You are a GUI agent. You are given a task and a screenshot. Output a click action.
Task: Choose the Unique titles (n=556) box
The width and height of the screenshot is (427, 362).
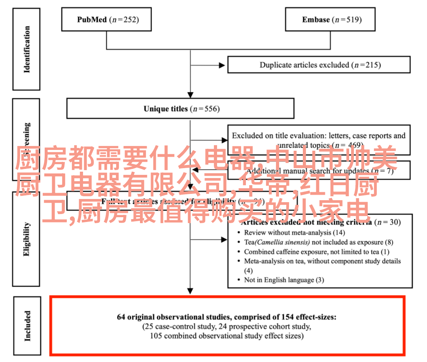tap(180, 108)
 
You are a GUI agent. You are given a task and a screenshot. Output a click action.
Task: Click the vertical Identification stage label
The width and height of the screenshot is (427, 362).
tap(27, 49)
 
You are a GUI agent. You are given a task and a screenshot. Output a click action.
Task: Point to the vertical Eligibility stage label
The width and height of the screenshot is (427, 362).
tap(27, 239)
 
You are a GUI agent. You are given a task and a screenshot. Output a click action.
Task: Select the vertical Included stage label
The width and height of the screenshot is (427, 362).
tap(27, 326)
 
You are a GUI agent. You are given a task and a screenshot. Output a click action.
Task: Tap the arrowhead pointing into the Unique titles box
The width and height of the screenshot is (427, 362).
tap(191, 95)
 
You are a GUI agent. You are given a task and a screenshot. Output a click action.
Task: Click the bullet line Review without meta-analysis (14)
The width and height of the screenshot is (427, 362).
tap(294, 233)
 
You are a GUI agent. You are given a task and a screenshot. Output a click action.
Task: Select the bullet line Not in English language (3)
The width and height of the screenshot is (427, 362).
tap(284, 280)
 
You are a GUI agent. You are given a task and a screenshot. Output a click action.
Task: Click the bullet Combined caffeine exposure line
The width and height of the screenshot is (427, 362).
tap(316, 252)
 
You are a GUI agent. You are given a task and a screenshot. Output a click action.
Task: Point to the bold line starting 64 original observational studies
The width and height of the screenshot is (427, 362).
tap(227, 317)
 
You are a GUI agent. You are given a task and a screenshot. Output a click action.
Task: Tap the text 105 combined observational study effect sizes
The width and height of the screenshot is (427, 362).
tap(227, 336)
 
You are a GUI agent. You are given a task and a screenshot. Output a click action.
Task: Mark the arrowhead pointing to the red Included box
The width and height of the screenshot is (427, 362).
tap(191, 292)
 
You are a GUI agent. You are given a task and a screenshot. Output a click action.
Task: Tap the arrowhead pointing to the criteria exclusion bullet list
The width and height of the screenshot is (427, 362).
tap(225, 240)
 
